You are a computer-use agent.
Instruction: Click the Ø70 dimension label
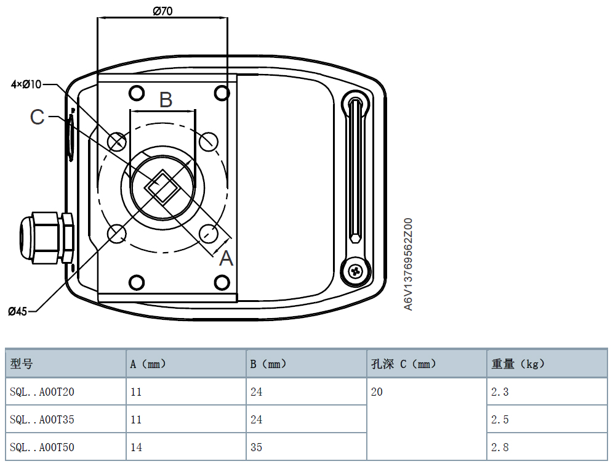162,10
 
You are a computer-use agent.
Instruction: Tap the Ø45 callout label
18,311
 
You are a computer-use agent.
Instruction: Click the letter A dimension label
226,258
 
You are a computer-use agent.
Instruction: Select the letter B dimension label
166,99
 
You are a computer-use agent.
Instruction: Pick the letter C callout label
38,116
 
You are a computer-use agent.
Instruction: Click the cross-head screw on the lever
356,271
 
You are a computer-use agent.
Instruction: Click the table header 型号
22,364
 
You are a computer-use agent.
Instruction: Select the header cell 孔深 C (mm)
403,364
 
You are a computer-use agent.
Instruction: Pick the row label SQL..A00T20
42,392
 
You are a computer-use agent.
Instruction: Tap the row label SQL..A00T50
42,447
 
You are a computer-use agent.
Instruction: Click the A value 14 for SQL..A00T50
136,447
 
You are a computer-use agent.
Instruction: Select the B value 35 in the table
256,447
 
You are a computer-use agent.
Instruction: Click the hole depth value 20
377,392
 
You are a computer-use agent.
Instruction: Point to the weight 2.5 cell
500,420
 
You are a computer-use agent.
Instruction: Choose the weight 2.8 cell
500,447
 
